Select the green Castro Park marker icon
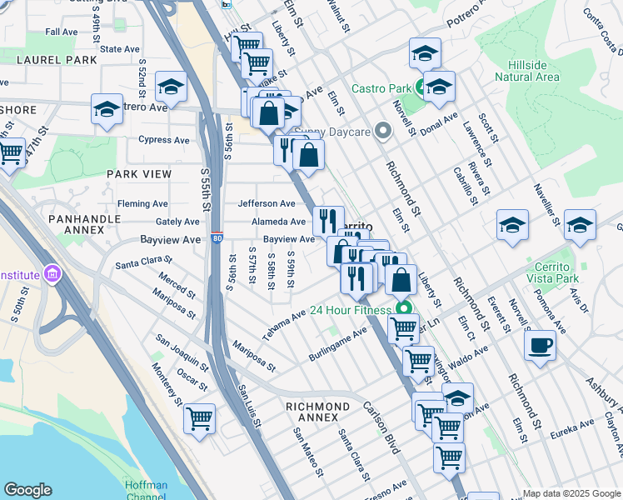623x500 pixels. pyautogui.click(x=417, y=88)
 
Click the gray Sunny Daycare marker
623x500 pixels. pyautogui.click(x=383, y=130)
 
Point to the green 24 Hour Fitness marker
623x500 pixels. pyautogui.click(x=404, y=311)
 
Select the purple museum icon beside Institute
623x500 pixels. pyautogui.click(x=52, y=273)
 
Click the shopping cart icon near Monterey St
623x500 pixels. pyautogui.click(x=199, y=418)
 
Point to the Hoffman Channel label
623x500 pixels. pyautogui.click(x=146, y=491)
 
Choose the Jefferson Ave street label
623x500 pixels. pyautogui.click(x=267, y=203)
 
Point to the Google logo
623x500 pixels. pyautogui.click(x=28, y=490)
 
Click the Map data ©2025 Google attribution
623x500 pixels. pyautogui.click(x=571, y=493)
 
